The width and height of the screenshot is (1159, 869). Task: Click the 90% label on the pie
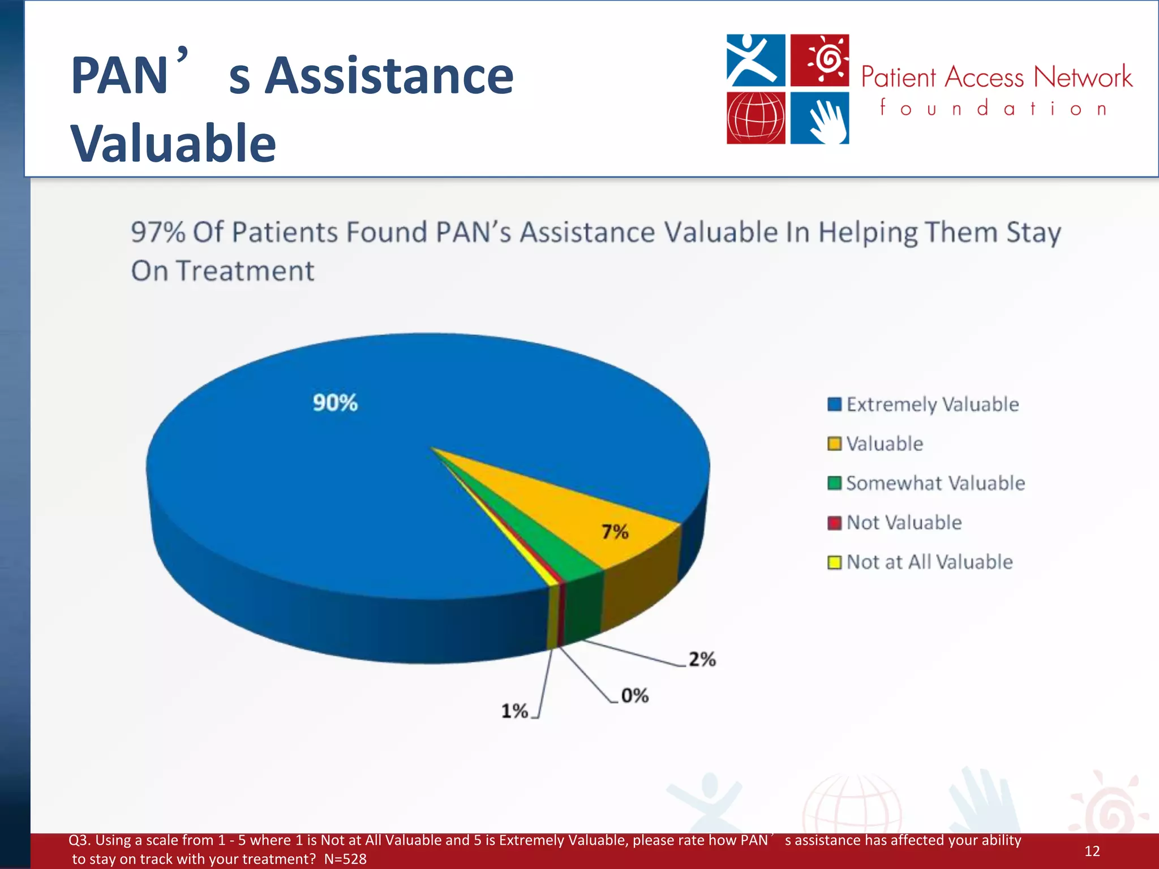[335, 403]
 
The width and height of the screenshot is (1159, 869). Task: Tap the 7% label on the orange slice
[615, 532]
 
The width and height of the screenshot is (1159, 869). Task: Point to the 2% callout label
[702, 659]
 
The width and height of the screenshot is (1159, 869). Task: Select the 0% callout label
[634, 695]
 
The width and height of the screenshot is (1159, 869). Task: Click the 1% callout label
[514, 711]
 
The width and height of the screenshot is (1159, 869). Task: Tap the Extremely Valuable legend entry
[932, 405]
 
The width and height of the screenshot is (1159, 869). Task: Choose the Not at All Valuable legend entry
[929, 562]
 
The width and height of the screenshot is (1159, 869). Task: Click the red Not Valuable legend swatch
[834, 523]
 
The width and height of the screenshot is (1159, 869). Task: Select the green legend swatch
[834, 483]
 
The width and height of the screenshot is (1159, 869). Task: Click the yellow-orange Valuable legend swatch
[834, 444]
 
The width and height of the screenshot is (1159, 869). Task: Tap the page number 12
[1092, 851]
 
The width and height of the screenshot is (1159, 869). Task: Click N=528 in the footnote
[345, 859]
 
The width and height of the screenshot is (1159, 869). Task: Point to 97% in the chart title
[158, 233]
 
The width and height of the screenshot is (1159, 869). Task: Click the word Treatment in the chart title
[246, 271]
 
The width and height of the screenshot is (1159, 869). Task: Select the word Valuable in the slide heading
[173, 143]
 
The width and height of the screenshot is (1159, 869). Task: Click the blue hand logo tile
[819, 118]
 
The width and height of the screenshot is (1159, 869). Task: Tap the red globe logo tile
[756, 118]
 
